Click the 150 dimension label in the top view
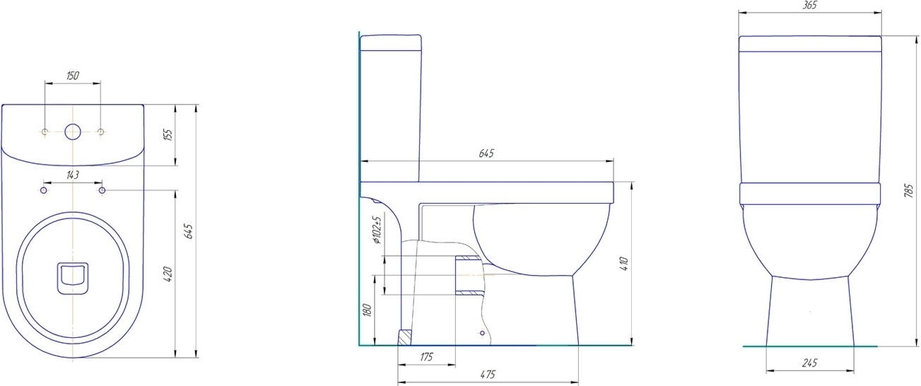(x=72, y=76)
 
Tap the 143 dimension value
(x=72, y=175)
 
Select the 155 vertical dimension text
(x=168, y=135)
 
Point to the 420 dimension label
(x=168, y=274)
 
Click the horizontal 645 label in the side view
(x=486, y=153)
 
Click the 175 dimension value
(x=426, y=357)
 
